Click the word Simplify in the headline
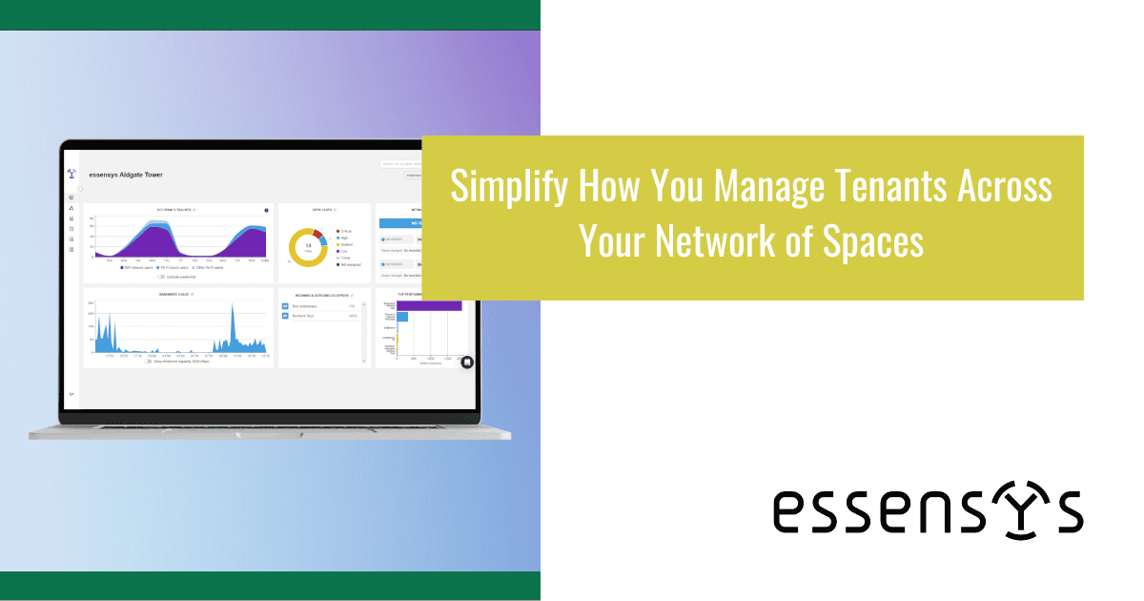[x=509, y=186]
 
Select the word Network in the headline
[x=725, y=240]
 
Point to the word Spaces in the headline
[x=877, y=240]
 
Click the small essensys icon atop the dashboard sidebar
[x=71, y=175]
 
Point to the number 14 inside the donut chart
[x=308, y=246]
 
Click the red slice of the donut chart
[x=317, y=233]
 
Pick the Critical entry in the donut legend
[x=344, y=230]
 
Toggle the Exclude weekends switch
[x=161, y=278]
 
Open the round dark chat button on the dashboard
[x=466, y=362]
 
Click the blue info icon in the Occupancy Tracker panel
[x=266, y=210]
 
